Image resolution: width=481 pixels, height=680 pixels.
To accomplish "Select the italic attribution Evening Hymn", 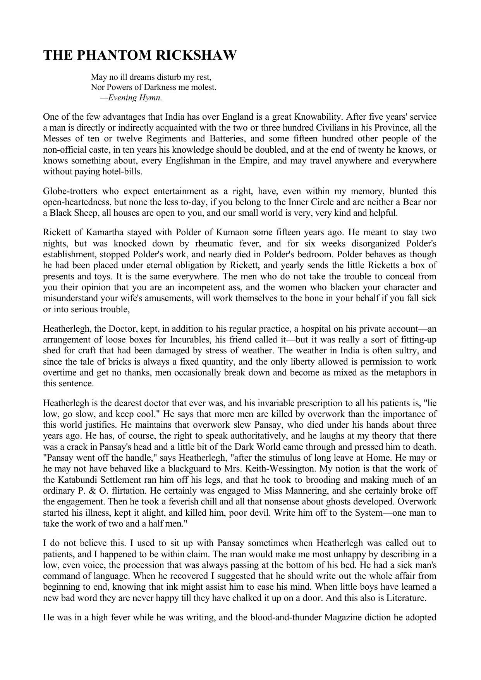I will pos(135,98).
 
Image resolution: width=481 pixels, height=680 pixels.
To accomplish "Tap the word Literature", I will pos(406,598).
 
